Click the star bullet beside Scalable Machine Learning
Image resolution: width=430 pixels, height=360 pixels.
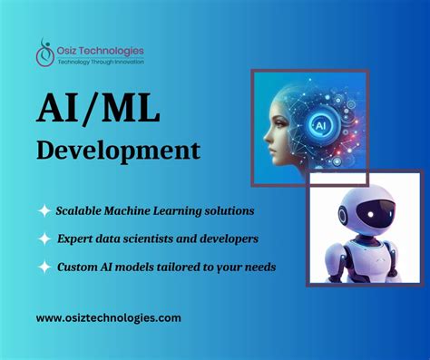coord(44,210)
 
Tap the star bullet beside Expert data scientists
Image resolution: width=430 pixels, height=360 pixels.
coord(44,239)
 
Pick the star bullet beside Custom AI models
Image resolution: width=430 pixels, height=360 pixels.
coord(44,268)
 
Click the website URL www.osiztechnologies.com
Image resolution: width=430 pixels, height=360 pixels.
coord(109,317)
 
